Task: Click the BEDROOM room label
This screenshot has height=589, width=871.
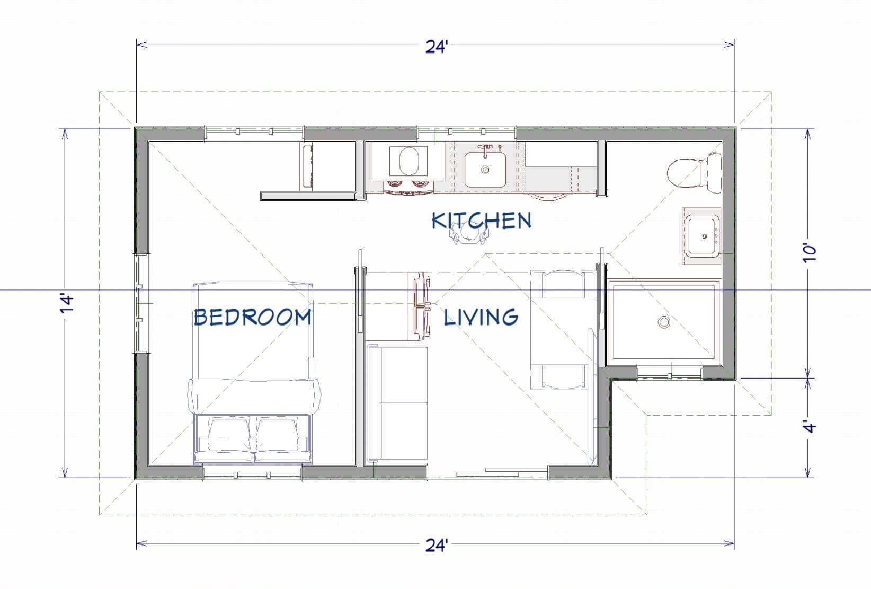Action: click(253, 317)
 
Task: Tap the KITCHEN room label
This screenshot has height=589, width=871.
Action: click(482, 220)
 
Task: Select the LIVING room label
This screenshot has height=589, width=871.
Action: click(481, 317)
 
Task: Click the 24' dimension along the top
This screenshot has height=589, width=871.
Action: click(437, 47)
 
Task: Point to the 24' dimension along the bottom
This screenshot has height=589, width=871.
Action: click(437, 546)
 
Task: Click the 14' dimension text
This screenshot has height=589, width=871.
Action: click(67, 304)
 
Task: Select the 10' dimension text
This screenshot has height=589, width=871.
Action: click(810, 253)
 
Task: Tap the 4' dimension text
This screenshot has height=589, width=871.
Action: click(810, 426)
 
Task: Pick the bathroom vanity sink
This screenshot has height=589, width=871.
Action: click(701, 236)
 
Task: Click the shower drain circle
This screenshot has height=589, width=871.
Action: click(664, 322)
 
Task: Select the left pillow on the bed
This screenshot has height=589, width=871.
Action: click(229, 433)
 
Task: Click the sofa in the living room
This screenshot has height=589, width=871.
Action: click(397, 403)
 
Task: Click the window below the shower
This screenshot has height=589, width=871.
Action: click(669, 373)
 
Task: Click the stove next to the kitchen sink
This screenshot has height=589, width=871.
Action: click(408, 167)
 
